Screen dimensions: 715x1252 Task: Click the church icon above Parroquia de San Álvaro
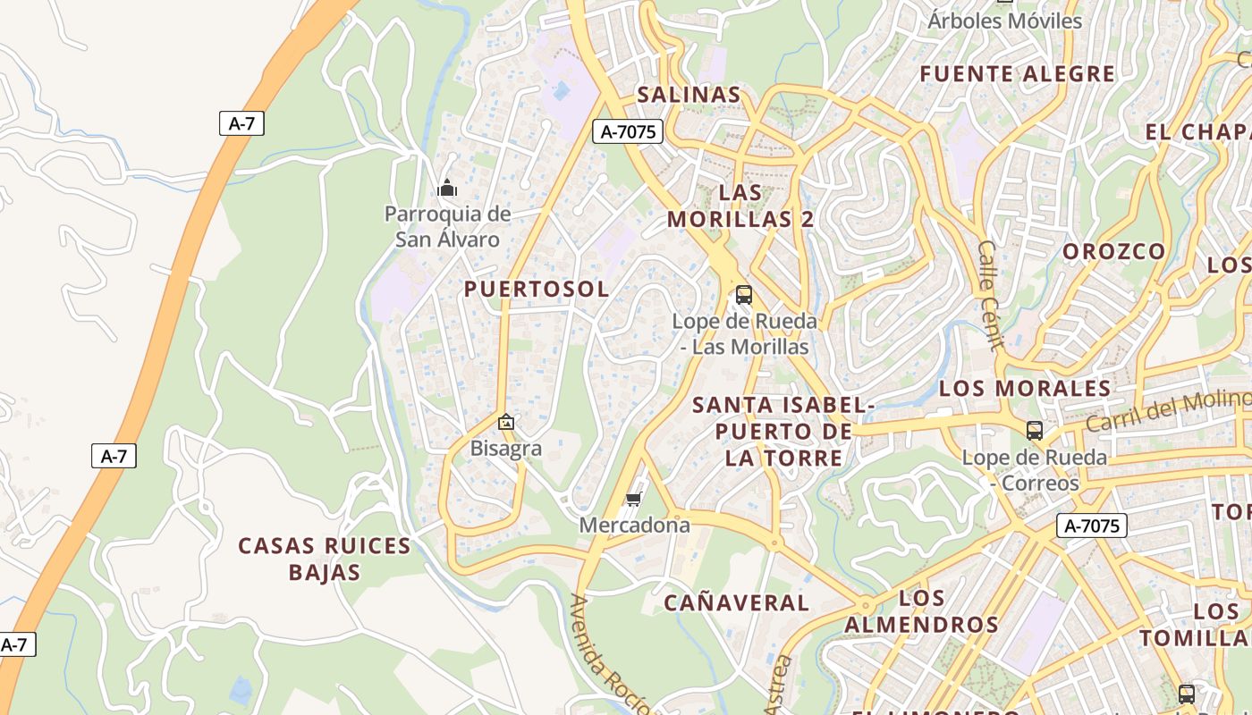tap(446, 188)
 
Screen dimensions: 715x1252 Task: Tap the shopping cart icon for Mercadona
tap(634, 499)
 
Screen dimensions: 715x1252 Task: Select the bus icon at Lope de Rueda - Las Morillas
tap(743, 295)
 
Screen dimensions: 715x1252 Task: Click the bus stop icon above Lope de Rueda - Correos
tap(1035, 431)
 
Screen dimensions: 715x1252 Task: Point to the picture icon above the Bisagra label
tap(506, 422)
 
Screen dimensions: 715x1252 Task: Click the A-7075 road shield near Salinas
tap(628, 132)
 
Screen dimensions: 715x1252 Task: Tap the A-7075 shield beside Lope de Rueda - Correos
tap(1092, 526)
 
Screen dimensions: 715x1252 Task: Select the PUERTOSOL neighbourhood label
tap(537, 289)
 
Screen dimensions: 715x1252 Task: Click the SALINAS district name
tap(689, 95)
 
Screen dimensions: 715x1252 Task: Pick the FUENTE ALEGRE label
tap(1018, 74)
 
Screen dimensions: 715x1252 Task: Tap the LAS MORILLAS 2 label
tap(740, 206)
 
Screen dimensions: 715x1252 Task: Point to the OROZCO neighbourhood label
tap(1114, 252)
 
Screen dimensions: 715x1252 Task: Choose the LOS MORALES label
tap(1025, 389)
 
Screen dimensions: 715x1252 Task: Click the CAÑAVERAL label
tap(736, 603)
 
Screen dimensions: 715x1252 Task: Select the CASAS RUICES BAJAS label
tap(325, 559)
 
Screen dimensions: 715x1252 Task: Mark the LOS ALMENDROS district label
tap(921, 611)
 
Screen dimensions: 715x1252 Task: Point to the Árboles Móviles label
tap(1004, 21)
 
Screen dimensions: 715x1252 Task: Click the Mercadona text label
tap(635, 525)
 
